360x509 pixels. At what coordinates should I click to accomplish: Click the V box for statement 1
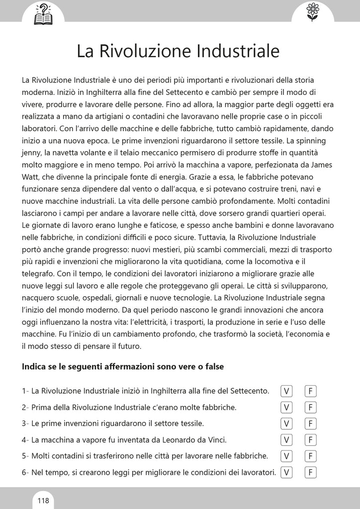286,391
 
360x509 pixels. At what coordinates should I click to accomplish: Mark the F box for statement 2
311,407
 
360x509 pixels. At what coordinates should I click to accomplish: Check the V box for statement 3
286,424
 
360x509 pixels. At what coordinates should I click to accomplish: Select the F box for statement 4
311,440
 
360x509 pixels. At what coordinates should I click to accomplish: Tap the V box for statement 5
286,456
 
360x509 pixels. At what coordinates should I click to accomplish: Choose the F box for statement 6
311,472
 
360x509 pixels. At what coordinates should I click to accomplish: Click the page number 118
43,500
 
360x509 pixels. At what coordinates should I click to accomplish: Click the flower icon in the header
312,11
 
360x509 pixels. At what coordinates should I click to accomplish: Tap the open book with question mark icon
43,13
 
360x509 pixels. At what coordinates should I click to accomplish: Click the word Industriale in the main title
238,52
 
